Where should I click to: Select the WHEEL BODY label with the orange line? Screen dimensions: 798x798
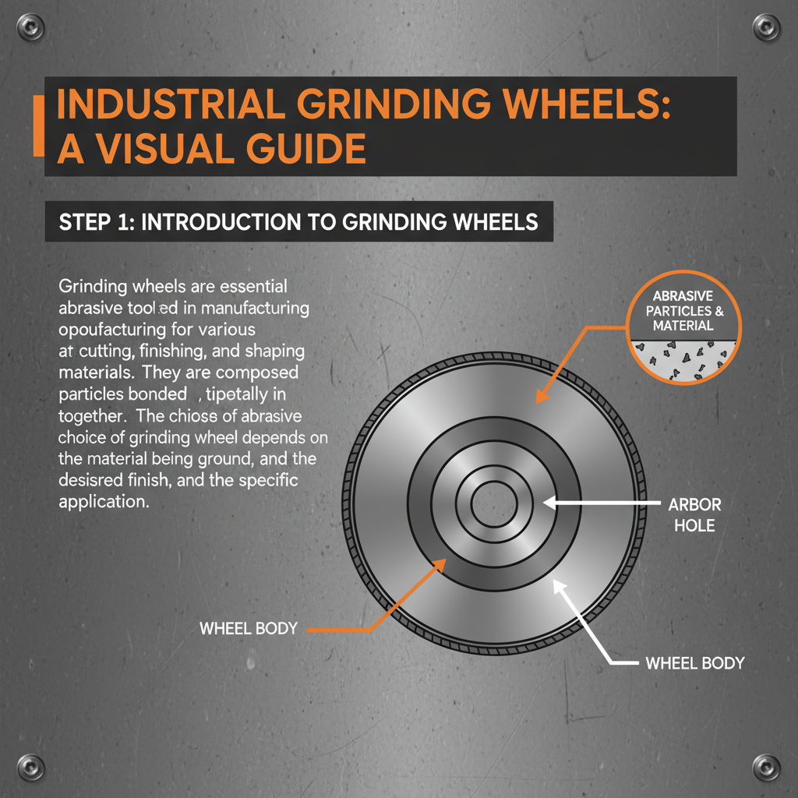(x=249, y=627)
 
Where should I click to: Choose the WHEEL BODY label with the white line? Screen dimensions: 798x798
(x=695, y=663)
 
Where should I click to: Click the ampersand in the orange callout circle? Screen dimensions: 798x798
(x=717, y=310)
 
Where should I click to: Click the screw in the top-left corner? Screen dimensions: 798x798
(x=33, y=29)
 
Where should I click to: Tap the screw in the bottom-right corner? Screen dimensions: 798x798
(x=765, y=766)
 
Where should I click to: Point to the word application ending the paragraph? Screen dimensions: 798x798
(x=104, y=501)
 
